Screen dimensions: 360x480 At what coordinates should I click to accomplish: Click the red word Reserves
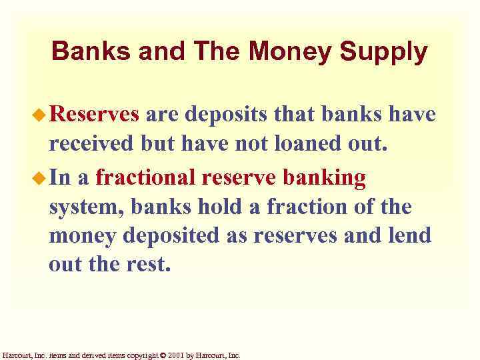(x=94, y=115)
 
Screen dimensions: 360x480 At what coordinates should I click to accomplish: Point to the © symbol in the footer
(x=164, y=355)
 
